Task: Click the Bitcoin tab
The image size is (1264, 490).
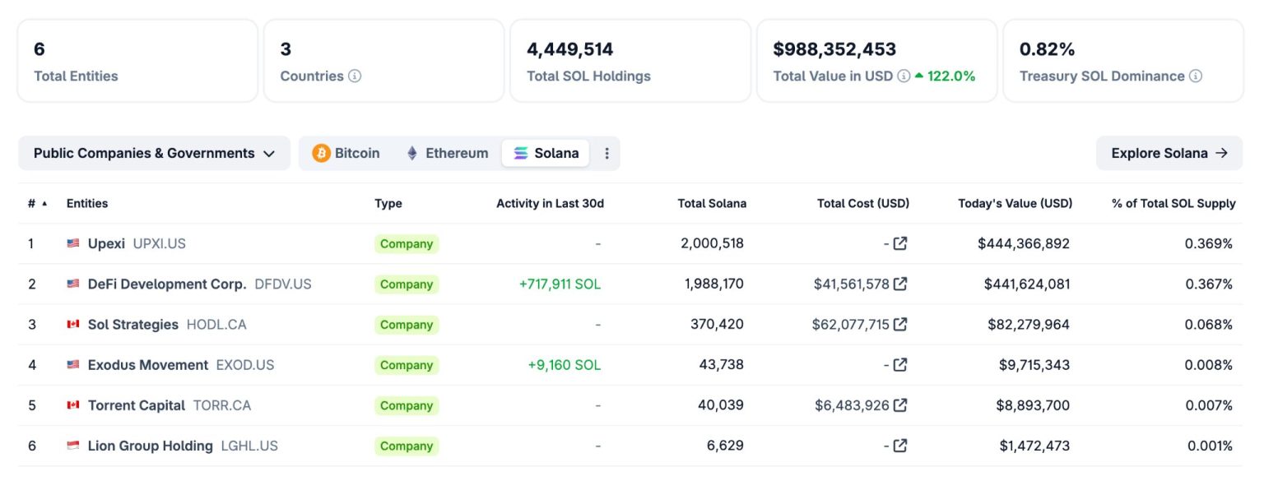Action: pyautogui.click(x=346, y=153)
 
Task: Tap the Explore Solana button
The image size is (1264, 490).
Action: pyautogui.click(x=1169, y=153)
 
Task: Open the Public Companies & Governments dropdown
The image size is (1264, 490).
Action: pyautogui.click(x=154, y=153)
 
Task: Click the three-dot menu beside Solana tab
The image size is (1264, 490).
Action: pyautogui.click(x=607, y=153)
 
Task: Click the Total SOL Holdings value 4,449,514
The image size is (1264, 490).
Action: pyautogui.click(x=570, y=49)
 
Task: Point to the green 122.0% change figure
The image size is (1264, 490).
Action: pyautogui.click(x=950, y=76)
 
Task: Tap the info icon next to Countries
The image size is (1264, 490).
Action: pyautogui.click(x=355, y=76)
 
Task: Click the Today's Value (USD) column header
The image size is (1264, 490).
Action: pyautogui.click(x=1015, y=203)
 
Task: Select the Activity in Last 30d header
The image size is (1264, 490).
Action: pyautogui.click(x=550, y=203)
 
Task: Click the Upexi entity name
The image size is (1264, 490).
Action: pyautogui.click(x=106, y=243)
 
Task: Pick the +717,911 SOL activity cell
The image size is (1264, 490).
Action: pyautogui.click(x=560, y=284)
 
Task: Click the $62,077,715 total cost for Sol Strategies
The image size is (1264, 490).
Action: pyautogui.click(x=850, y=324)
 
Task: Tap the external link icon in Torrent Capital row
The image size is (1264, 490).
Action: pyautogui.click(x=900, y=404)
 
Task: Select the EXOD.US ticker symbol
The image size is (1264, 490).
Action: pyautogui.click(x=245, y=364)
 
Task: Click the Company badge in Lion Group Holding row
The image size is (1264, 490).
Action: pyautogui.click(x=407, y=446)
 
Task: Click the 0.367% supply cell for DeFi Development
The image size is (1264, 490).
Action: pyautogui.click(x=1208, y=284)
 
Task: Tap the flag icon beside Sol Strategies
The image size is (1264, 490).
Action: pyautogui.click(x=73, y=324)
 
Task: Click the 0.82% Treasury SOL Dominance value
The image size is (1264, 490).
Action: pyautogui.click(x=1047, y=49)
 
